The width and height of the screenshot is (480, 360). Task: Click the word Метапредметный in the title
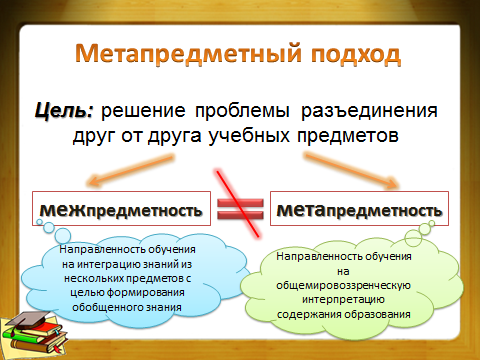189,53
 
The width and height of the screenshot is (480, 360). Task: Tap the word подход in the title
356,54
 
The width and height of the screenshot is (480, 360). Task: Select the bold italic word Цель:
64,110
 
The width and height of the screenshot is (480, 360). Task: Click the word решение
143,111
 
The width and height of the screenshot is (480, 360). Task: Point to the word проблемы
242,111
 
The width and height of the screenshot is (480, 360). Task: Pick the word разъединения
369,111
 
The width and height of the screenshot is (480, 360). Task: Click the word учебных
249,136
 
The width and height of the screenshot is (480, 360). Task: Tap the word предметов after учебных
348,136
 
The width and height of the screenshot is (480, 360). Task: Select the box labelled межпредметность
121,208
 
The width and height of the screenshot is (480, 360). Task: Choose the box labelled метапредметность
359,208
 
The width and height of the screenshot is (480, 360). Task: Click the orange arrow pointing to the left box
130,170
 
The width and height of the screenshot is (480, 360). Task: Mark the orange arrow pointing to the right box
351,170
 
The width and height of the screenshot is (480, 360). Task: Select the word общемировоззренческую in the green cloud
343,286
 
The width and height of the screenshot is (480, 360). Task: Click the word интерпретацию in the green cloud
344,300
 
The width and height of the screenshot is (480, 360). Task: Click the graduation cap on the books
27,319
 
